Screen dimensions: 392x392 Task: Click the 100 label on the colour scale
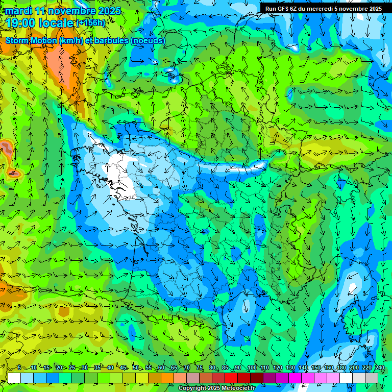(252, 368)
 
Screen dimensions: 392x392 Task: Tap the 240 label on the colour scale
(379, 368)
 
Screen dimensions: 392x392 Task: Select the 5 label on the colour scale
(19, 368)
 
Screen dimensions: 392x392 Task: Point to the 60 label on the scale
(161, 368)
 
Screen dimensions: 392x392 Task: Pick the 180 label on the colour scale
(341, 368)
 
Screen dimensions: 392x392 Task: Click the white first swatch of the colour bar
(14, 378)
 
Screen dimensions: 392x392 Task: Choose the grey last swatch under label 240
(372, 378)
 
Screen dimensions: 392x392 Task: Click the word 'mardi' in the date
(19, 11)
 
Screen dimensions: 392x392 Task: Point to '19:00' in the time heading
(21, 23)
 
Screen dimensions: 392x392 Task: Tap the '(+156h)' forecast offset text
(91, 23)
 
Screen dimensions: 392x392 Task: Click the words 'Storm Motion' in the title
(31, 40)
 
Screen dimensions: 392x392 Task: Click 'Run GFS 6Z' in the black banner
(281, 9)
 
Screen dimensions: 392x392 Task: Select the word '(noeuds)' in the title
(148, 40)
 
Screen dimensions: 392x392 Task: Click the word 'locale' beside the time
(56, 23)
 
